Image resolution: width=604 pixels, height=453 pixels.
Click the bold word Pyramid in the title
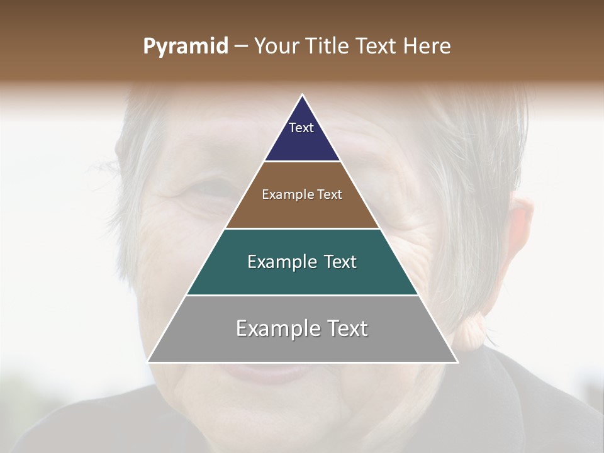[185, 47]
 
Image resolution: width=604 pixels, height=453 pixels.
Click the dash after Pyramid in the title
[241, 47]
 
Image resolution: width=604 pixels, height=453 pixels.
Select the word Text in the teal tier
[340, 262]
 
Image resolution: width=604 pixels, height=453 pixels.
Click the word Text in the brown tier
[330, 195]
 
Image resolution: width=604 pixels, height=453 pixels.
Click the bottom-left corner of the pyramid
[148, 362]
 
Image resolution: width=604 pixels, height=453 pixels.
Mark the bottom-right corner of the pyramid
[457, 362]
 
